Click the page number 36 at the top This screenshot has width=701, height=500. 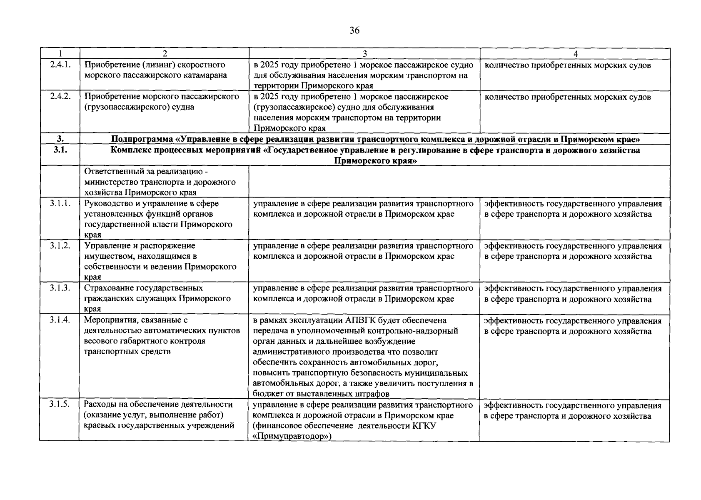[354, 30]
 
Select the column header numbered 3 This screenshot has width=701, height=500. [365, 53]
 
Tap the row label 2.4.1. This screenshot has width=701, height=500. [60, 65]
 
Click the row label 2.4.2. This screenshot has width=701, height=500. [60, 96]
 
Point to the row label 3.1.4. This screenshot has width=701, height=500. [60, 320]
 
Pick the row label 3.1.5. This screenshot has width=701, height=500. [60, 405]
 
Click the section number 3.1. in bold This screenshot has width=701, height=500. [60, 150]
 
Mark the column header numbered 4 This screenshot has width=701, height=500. [575, 53]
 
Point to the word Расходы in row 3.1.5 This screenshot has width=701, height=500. [99, 405]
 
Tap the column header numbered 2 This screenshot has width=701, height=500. [165, 53]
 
